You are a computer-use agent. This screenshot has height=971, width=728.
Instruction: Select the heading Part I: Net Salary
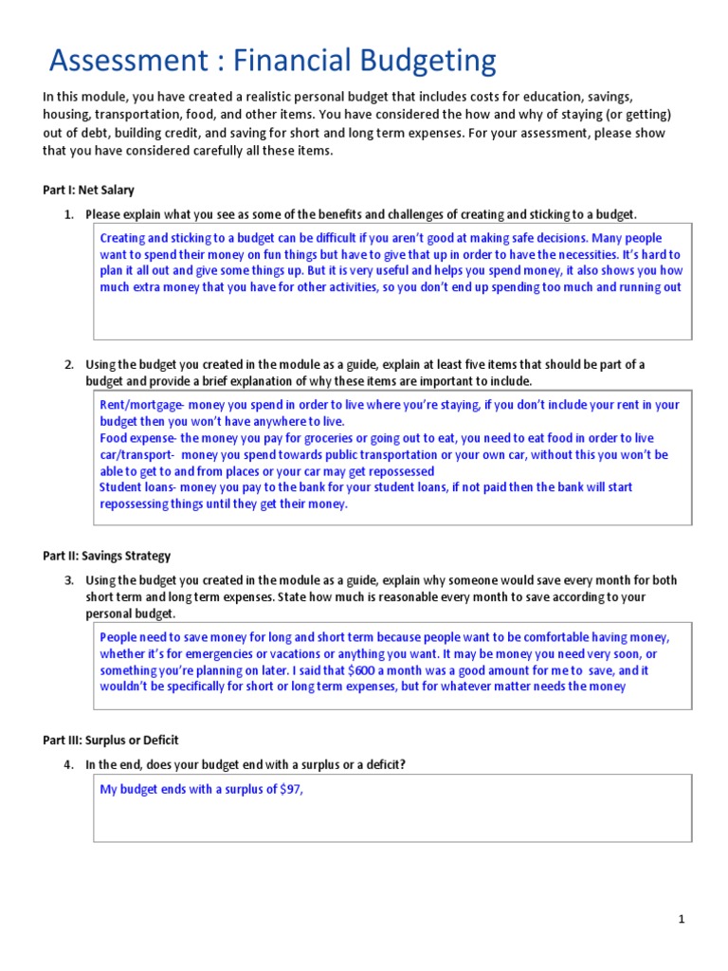[88, 190]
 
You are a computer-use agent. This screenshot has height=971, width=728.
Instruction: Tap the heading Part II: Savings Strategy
[106, 556]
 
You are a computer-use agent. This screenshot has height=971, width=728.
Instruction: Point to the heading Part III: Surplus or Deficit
[111, 740]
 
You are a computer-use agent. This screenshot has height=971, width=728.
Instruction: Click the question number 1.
[68, 214]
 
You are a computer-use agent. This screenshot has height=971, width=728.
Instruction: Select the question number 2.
[68, 364]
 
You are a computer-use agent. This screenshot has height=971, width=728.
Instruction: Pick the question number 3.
[68, 580]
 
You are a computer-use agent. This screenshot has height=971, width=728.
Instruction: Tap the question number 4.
[68, 764]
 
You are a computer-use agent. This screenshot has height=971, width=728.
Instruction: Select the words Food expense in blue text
[136, 438]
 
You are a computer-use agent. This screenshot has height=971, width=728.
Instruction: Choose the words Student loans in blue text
[136, 487]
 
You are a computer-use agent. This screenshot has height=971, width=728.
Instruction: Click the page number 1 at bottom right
[682, 919]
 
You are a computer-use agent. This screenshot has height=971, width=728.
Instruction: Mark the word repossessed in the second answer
[390, 471]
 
